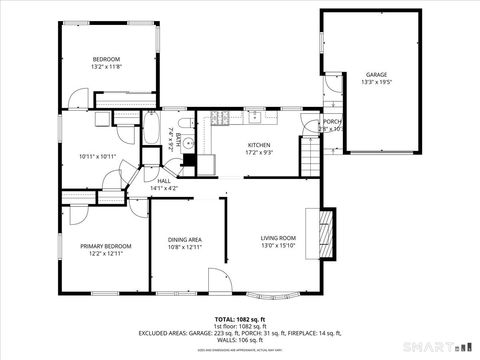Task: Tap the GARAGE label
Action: (375, 75)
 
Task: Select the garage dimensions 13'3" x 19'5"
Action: (375, 83)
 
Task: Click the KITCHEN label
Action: (259, 145)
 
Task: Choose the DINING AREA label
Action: (184, 240)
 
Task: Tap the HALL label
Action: (163, 181)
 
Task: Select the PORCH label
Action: (330, 121)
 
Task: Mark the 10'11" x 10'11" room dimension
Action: (97, 156)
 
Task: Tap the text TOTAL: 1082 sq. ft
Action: (239, 318)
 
